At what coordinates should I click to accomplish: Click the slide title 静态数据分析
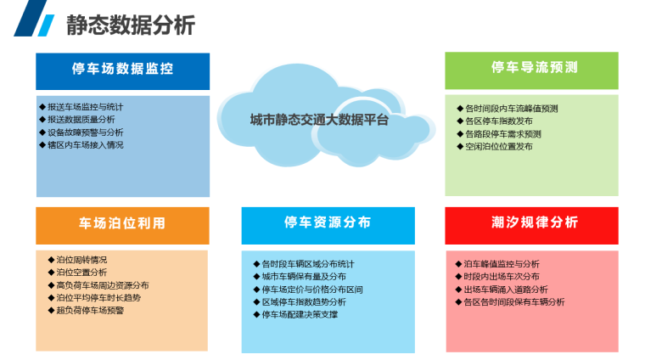click(131, 25)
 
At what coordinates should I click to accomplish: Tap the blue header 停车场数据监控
click(122, 69)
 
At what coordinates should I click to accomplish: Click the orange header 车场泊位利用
click(122, 224)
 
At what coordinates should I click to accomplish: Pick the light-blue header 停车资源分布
click(328, 223)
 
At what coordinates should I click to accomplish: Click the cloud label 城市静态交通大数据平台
click(319, 120)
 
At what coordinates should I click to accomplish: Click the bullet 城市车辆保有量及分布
click(304, 277)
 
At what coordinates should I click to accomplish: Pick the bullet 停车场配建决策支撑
click(300, 315)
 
